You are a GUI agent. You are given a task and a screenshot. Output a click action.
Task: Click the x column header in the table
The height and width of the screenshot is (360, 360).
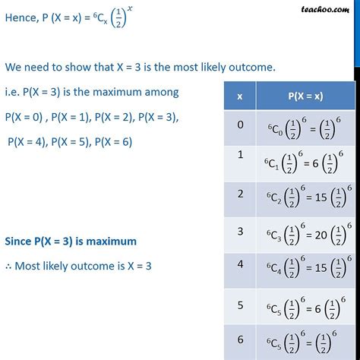pyautogui.click(x=241, y=96)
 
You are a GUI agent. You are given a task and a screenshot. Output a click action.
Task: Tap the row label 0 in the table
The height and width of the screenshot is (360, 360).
pyautogui.click(x=241, y=125)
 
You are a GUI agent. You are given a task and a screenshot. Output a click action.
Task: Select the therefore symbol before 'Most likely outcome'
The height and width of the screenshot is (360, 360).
pyautogui.click(x=9, y=267)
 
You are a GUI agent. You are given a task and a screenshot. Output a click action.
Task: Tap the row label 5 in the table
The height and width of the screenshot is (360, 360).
pyautogui.click(x=241, y=305)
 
